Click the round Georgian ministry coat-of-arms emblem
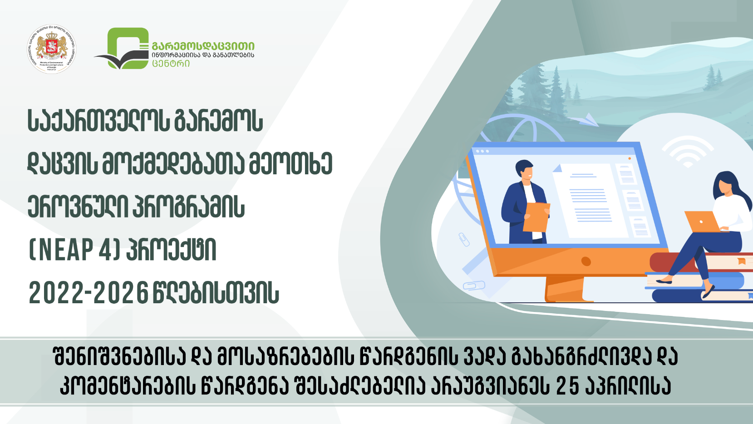pos(51,49)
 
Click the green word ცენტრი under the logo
pos(171,64)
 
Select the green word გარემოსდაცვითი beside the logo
pos(203,46)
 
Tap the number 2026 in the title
pos(121,293)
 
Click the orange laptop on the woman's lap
pos(702,221)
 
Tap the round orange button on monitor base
pos(586,261)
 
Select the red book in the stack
pos(667,262)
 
